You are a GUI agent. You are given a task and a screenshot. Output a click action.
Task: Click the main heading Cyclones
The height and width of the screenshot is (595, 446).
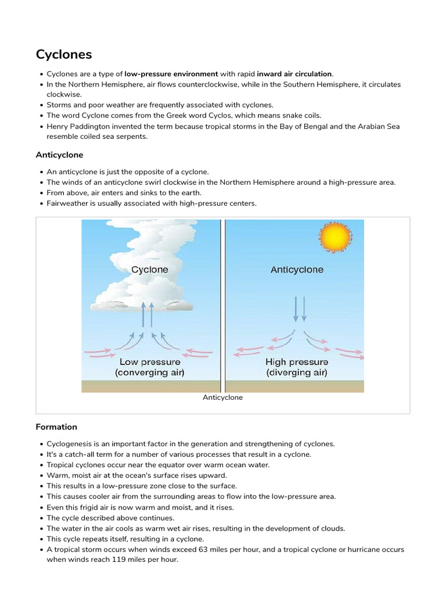(x=64, y=55)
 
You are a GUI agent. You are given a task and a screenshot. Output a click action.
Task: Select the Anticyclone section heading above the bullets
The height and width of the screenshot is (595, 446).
(x=59, y=155)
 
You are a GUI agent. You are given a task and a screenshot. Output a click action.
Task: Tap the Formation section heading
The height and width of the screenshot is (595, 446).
(x=56, y=427)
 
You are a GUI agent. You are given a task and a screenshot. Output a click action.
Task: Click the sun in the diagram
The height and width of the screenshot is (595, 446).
(x=335, y=238)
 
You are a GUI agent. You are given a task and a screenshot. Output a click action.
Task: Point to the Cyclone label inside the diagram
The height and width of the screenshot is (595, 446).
(x=150, y=270)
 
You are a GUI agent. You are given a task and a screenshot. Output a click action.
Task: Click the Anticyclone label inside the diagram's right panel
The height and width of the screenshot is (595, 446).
(x=297, y=270)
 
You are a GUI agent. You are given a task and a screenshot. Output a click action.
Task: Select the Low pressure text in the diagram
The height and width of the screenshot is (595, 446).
(x=149, y=362)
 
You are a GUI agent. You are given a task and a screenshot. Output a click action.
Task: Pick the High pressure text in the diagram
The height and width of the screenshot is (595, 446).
(x=296, y=362)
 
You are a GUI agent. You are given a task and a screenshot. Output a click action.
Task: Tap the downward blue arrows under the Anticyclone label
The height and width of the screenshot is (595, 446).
(x=299, y=309)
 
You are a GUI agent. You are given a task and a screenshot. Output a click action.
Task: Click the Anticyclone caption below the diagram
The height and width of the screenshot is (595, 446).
(x=222, y=398)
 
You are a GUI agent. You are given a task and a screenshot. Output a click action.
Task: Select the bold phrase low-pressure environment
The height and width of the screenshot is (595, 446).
(x=171, y=74)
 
